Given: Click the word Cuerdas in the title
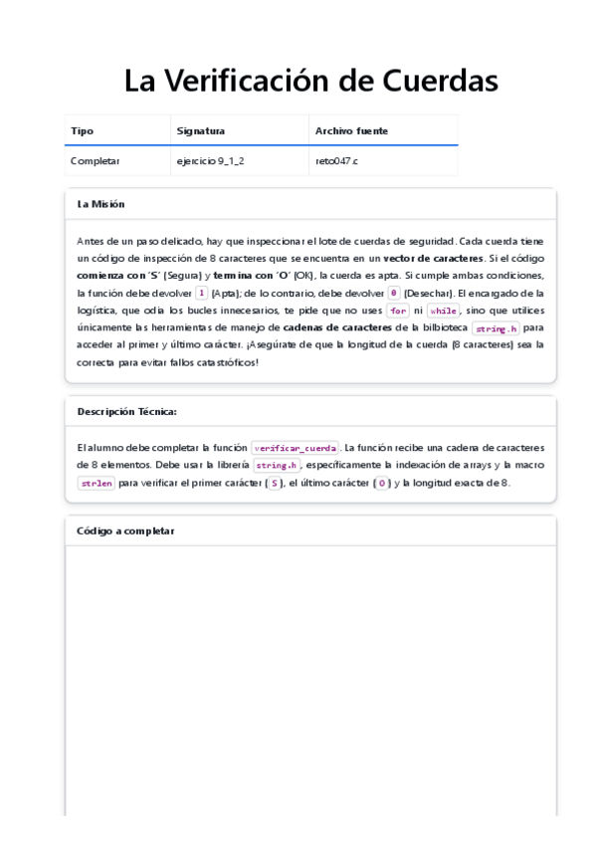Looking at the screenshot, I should (x=441, y=82).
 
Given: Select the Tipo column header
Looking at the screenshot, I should (x=83, y=130).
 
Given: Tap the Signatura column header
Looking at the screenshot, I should (x=201, y=130).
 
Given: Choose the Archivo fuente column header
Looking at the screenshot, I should (x=351, y=130).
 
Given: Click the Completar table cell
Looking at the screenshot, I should (x=96, y=160).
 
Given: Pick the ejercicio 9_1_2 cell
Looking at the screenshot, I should (x=210, y=160).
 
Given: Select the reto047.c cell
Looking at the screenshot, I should (x=336, y=160).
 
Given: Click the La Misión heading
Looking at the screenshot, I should (x=100, y=204).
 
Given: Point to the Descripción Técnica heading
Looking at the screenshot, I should (x=127, y=411).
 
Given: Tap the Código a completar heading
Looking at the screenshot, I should (x=125, y=530).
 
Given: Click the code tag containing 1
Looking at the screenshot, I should (x=202, y=294).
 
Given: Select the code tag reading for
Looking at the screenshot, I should (x=398, y=311).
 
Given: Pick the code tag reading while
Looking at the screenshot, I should (x=444, y=311).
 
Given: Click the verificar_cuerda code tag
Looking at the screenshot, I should (x=296, y=448).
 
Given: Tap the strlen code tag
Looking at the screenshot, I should (x=96, y=484).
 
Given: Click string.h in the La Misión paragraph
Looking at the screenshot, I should (x=497, y=328).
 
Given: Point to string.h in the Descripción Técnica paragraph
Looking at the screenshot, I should (x=276, y=466).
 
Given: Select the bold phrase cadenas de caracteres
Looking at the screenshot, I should (x=337, y=327).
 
